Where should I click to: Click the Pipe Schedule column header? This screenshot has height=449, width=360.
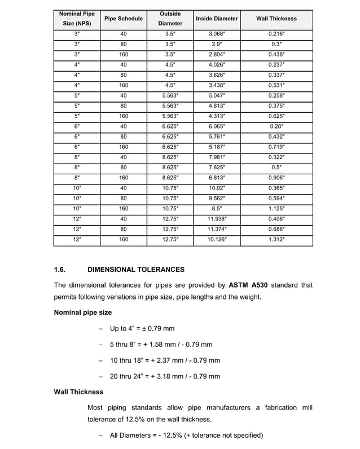[x=124, y=19]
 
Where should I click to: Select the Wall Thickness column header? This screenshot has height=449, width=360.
[x=276, y=19]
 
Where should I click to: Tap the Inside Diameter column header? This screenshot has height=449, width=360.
[x=217, y=19]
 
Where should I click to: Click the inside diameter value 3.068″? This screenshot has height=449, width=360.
[x=217, y=34]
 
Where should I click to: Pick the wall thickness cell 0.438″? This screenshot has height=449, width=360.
[x=276, y=55]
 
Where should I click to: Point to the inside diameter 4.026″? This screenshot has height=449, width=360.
[x=217, y=65]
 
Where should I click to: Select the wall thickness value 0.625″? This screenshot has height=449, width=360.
[x=276, y=116]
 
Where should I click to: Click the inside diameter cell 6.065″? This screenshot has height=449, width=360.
[x=217, y=126]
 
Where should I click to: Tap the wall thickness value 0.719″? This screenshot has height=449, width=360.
[x=276, y=147]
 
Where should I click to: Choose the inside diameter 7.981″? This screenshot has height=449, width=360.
[x=217, y=157]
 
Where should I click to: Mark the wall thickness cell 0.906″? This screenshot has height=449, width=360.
[x=276, y=178]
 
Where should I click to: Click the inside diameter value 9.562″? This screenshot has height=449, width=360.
[x=217, y=199]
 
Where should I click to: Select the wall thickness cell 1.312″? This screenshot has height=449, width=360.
[x=276, y=240]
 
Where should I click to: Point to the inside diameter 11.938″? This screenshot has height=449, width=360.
[x=217, y=219]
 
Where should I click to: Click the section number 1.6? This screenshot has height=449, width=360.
[x=61, y=270]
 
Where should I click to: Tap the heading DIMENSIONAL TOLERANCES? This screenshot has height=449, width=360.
[x=136, y=270]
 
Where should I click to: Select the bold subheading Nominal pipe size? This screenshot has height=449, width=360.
[x=82, y=312]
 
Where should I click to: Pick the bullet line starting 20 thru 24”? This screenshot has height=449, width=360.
[x=165, y=376]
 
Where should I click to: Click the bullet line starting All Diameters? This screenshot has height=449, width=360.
[x=186, y=435]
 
